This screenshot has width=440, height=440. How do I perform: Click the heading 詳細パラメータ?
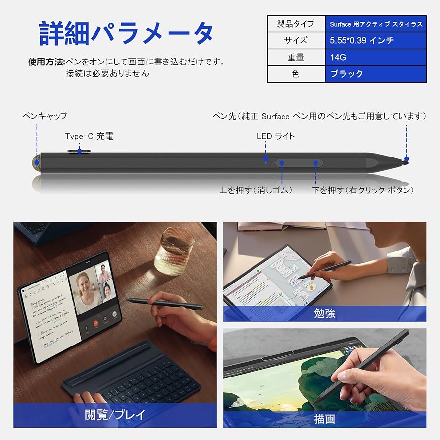(x=126, y=34)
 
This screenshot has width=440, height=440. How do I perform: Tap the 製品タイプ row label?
(x=295, y=24)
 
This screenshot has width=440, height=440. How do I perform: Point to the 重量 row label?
(x=295, y=57)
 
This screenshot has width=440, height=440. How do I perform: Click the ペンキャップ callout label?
(x=45, y=116)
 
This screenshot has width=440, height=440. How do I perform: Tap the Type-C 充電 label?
(x=90, y=136)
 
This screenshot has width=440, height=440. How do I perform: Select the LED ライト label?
(x=276, y=136)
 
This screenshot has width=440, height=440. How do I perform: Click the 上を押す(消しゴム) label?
(x=256, y=190)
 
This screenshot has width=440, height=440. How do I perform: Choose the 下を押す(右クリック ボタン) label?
(x=363, y=190)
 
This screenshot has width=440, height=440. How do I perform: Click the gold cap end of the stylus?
(x=36, y=161)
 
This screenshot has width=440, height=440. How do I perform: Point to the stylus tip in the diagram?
(x=405, y=161)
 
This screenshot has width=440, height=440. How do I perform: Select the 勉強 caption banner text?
(x=324, y=314)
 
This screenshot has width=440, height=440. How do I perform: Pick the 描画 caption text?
(x=324, y=419)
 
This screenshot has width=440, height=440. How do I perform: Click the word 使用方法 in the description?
(x=46, y=63)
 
